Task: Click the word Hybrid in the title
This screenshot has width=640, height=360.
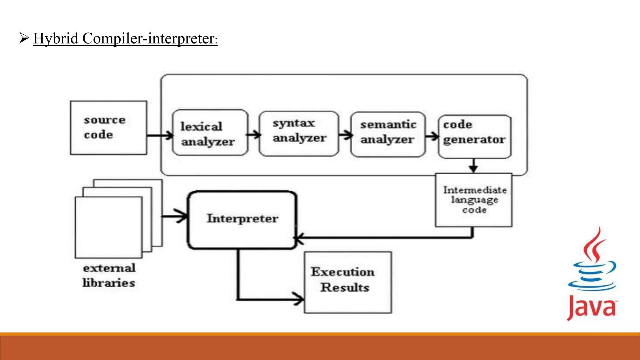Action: pos(56,39)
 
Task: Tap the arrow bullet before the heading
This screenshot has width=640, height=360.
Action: pos(24,38)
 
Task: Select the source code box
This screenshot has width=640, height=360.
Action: pos(108,127)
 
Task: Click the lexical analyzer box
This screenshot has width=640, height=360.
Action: pos(210,133)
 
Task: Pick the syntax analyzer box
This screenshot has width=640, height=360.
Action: pos(299,133)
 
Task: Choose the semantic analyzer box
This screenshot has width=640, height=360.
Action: pos(387,134)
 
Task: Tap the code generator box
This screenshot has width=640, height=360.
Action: pos(474,136)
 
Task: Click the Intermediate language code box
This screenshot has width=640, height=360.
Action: pos(474,200)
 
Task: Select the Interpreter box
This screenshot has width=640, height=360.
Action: pos(242,220)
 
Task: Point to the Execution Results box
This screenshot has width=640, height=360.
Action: pos(347,282)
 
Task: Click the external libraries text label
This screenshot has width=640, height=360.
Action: pos(109,276)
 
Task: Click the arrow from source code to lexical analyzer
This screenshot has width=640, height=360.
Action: pos(160,136)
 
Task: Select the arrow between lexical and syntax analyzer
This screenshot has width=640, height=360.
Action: pos(254,135)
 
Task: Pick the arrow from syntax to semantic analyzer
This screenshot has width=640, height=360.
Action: pos(345,135)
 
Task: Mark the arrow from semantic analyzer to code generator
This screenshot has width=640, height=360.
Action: pos(432,136)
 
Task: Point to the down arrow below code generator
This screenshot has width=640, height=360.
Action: pos(473,166)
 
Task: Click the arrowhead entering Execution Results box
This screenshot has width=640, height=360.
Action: pos(298,299)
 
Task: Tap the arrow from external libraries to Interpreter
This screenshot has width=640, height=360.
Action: pos(175,216)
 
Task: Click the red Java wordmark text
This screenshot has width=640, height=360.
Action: pos(591,308)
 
